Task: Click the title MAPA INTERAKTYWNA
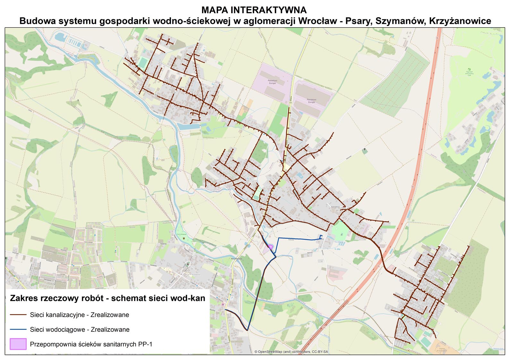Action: pos(254,10)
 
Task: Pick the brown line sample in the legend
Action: pos(18,315)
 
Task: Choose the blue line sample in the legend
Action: pos(18,330)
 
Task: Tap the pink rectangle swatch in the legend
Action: pos(18,344)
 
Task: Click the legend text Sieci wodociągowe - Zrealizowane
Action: pos(80,330)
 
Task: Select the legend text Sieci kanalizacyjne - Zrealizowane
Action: pos(79,315)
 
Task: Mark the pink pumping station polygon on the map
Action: pos(270,247)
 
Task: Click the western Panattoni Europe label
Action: pos(272,82)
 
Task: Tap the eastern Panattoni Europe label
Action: pos(311,101)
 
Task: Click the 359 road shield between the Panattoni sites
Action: pos(290,102)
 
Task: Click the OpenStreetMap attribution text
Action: pos(291,352)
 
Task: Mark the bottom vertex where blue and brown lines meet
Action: pos(247,330)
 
